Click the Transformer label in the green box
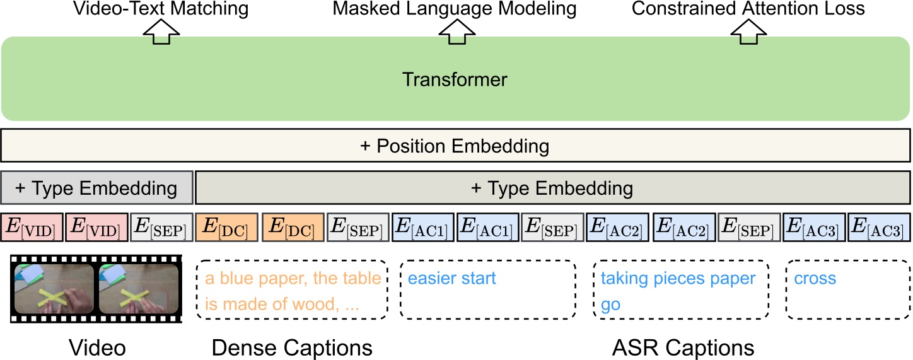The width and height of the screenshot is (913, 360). coord(455,80)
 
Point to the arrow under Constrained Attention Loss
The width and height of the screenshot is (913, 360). coord(748,33)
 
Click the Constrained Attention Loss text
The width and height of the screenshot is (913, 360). coord(748,9)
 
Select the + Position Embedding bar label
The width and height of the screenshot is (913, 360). coord(455,147)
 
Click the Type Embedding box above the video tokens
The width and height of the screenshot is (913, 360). coord(96,188)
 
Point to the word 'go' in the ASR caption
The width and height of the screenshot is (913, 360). coord(610,305)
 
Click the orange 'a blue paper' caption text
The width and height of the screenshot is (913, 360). coord(293,278)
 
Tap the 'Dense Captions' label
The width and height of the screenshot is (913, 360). coord(292,347)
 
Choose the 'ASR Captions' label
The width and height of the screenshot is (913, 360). coord(683,347)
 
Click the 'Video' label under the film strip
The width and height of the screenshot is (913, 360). coord(97,347)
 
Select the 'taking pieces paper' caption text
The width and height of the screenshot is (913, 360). coord(678,278)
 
